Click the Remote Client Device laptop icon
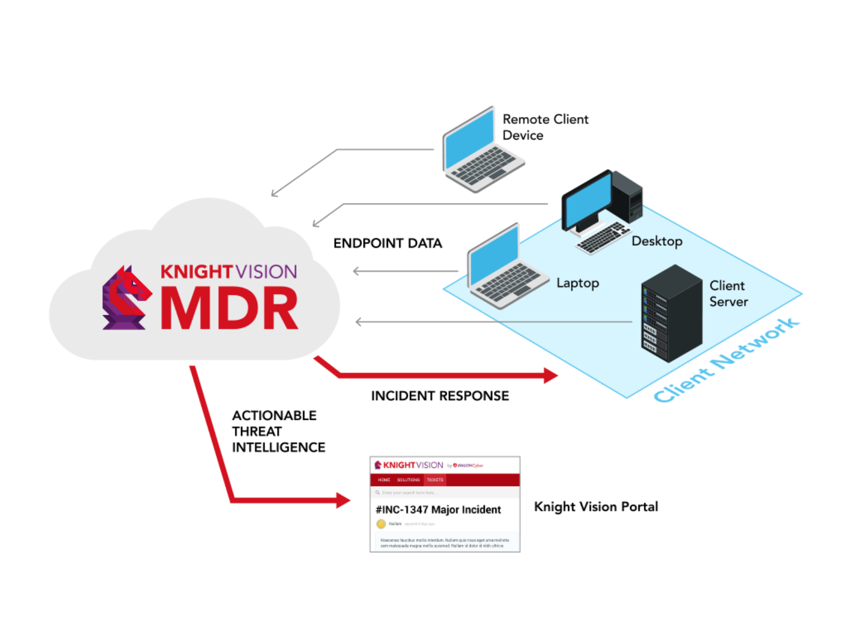(x=480, y=152)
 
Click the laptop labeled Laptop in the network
(x=504, y=270)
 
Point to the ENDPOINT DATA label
(x=388, y=244)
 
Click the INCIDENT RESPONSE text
(x=440, y=396)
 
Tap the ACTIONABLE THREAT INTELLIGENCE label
(x=278, y=431)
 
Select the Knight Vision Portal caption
(x=596, y=506)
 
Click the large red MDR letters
(x=230, y=309)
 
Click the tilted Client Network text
(x=726, y=360)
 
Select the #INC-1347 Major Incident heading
(x=438, y=510)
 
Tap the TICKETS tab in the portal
(x=434, y=480)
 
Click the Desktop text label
(x=657, y=241)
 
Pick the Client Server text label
(x=728, y=293)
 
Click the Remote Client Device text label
(x=545, y=127)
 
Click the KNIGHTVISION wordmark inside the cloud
(x=228, y=272)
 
